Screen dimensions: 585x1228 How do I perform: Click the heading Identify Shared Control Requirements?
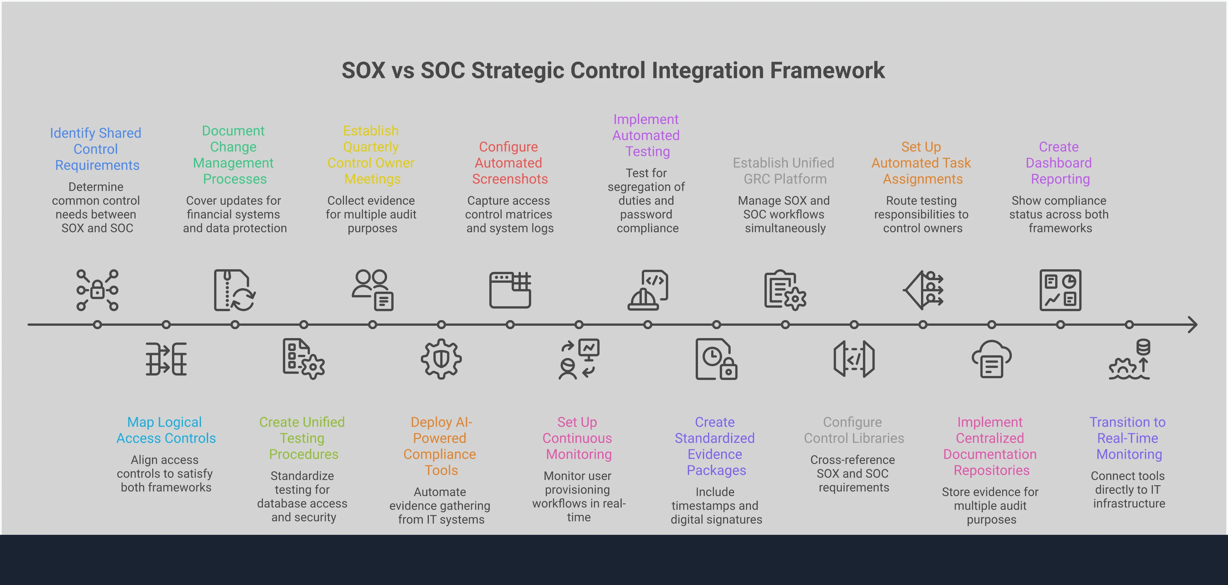pos(96,149)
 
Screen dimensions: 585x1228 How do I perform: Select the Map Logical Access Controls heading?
pos(166,430)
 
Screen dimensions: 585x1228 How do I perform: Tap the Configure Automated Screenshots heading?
pos(509,163)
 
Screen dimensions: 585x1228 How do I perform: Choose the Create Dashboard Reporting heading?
pos(1059,163)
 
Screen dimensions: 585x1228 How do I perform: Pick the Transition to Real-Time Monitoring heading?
pos(1128,438)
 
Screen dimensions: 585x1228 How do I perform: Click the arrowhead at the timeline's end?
pos(1192,325)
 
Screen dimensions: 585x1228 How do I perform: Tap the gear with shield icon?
pos(441,359)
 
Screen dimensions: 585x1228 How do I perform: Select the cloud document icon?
pos(992,359)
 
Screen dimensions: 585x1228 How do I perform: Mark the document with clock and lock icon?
pos(716,359)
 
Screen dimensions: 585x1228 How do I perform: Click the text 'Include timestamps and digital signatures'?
pos(716,505)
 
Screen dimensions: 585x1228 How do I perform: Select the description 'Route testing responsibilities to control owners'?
pos(922,214)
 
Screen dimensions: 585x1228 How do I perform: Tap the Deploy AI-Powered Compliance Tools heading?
pos(440,446)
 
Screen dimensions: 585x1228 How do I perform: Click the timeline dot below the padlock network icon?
pos(97,325)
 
